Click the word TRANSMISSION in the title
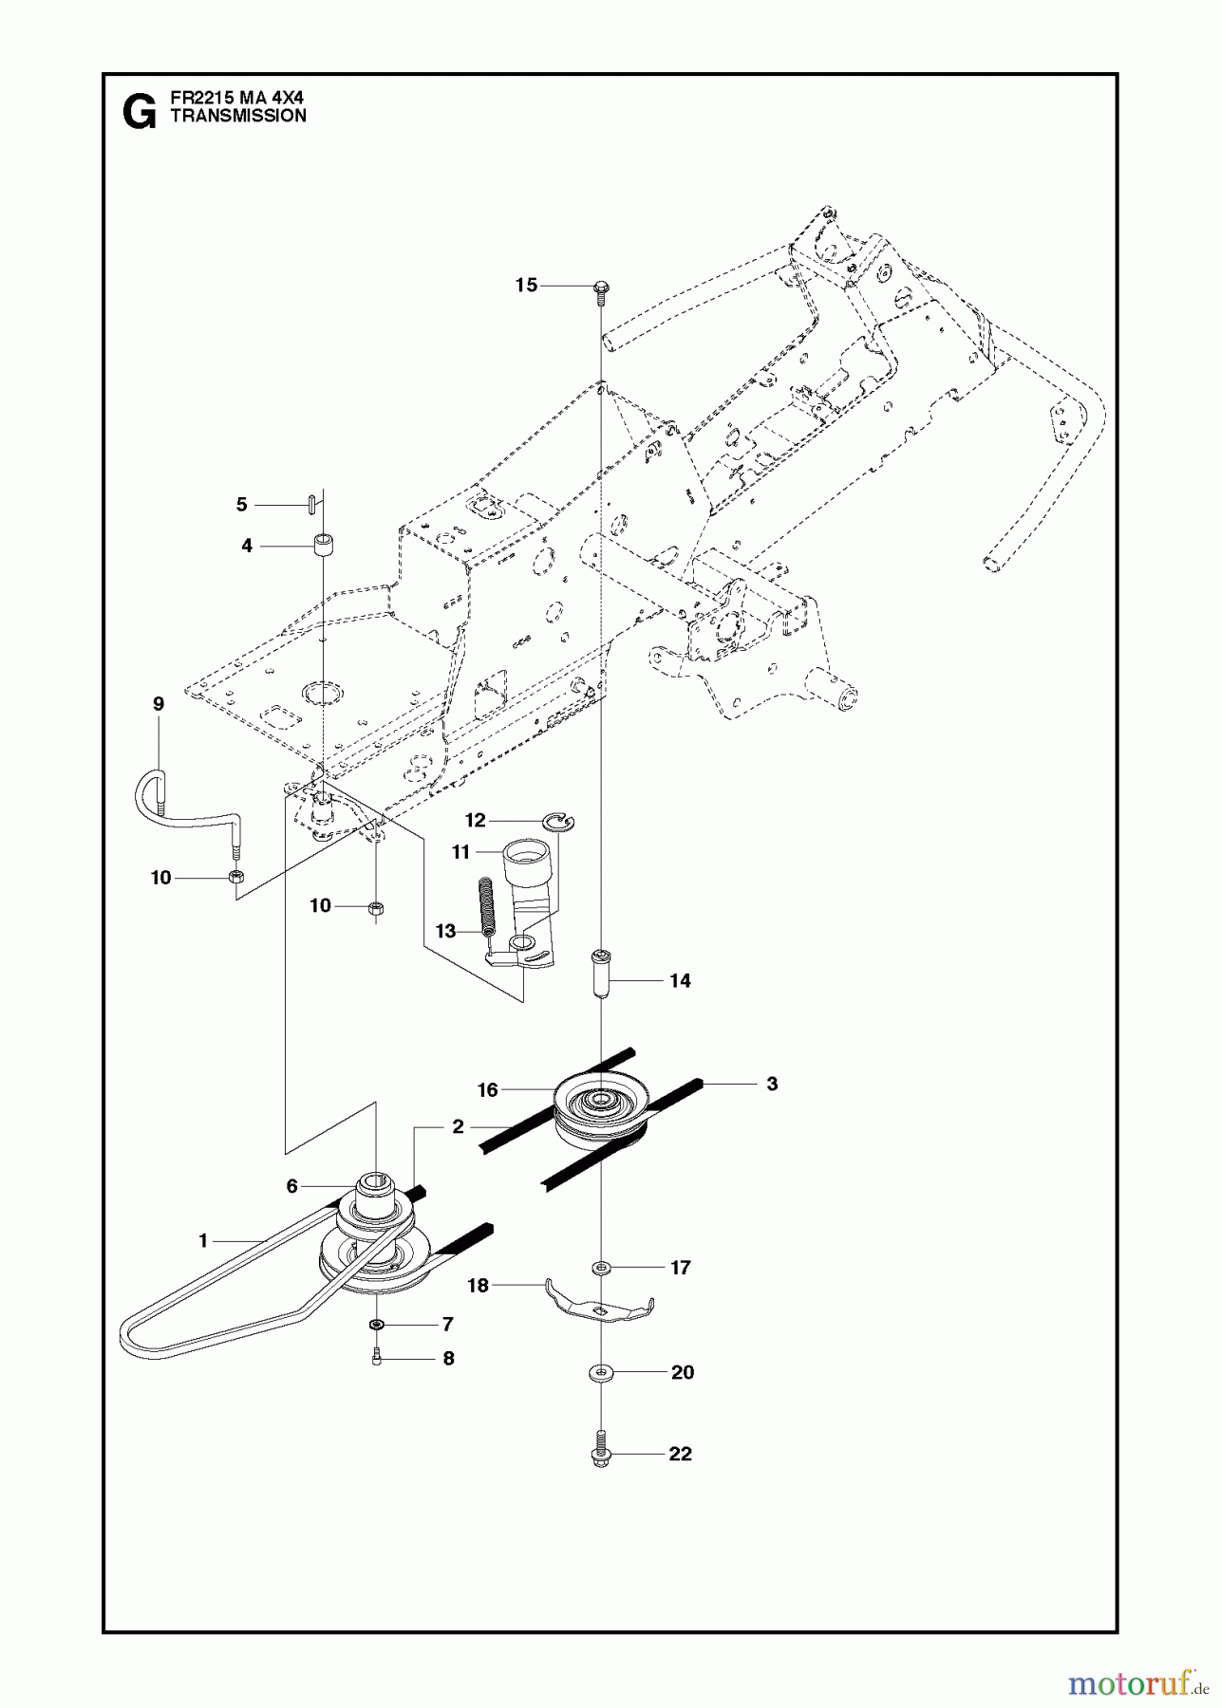(237, 116)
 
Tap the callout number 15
(526, 285)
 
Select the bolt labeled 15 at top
(602, 290)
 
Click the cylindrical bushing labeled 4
(326, 548)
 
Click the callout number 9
(158, 703)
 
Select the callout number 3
(772, 1083)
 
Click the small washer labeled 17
(601, 1267)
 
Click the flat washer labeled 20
(601, 1372)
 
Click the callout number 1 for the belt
(202, 1239)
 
